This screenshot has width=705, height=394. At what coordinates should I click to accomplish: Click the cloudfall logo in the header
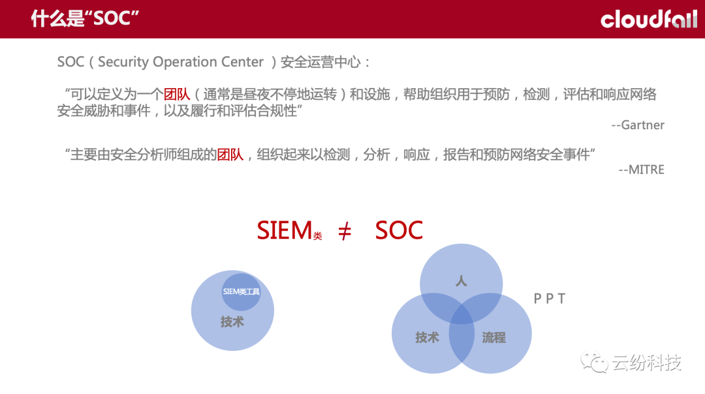649,20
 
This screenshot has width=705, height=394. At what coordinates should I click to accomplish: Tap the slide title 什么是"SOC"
84,18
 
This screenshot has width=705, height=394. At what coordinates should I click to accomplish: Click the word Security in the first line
123,61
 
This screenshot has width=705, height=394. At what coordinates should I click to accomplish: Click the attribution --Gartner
638,125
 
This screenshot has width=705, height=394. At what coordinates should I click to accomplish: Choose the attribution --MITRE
641,170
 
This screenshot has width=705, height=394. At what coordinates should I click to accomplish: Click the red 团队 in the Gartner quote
177,95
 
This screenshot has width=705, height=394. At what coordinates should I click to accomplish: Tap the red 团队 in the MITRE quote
230,155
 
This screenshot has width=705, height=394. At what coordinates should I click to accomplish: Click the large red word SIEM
284,230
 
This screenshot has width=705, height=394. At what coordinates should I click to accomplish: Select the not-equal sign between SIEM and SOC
345,232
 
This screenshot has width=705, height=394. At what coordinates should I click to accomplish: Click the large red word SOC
399,230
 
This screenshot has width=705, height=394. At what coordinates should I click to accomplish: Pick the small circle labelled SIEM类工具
241,292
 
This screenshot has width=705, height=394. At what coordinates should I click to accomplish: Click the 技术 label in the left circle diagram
232,322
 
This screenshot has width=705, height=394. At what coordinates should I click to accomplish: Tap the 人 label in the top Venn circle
462,281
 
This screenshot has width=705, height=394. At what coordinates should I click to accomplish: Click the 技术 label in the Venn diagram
427,337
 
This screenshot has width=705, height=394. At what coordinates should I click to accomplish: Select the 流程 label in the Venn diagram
493,337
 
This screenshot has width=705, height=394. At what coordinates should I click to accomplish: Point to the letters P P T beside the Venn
549,298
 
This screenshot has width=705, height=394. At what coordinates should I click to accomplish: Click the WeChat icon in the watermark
594,361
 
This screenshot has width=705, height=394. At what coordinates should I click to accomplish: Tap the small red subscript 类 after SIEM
317,236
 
